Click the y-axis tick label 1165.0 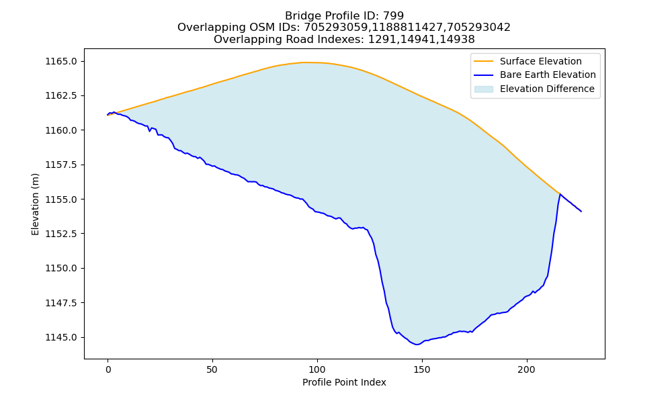(x=61, y=61)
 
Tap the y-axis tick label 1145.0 (x=61, y=337)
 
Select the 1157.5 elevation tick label (x=61, y=165)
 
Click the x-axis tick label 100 (x=317, y=369)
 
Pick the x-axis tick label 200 (x=526, y=369)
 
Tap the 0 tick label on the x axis (x=108, y=369)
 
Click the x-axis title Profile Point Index (x=344, y=382)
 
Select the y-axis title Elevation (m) (x=35, y=204)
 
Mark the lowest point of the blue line (x=417, y=345)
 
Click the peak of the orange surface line (x=304, y=62)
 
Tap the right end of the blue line (x=581, y=211)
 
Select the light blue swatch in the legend (x=483, y=89)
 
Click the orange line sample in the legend (x=483, y=61)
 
